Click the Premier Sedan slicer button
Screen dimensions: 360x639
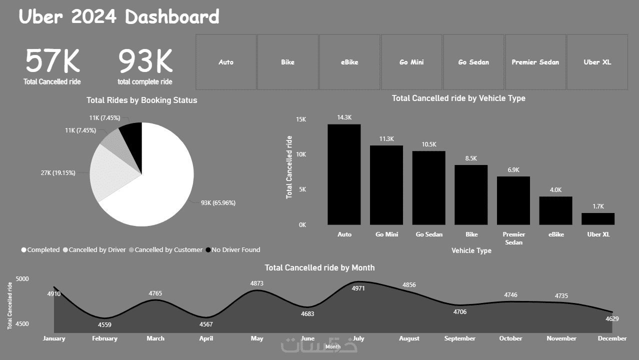click(x=535, y=62)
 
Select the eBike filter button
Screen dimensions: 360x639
click(x=349, y=62)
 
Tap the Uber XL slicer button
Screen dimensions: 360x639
click(x=597, y=62)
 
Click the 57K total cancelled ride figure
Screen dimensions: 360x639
click(x=52, y=61)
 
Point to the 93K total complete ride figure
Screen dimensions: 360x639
click(x=145, y=61)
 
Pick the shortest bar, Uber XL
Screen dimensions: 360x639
click(x=597, y=218)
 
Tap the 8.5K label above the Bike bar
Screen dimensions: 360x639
click(x=470, y=158)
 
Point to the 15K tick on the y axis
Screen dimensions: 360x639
click(x=300, y=119)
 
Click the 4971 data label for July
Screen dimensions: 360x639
click(x=358, y=288)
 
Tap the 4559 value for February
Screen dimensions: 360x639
click(x=104, y=324)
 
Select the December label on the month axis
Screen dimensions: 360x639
click(x=612, y=338)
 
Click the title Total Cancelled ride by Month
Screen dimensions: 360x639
click(x=319, y=267)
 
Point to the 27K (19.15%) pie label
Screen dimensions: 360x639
click(x=58, y=173)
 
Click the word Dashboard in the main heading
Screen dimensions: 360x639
click(x=172, y=17)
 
